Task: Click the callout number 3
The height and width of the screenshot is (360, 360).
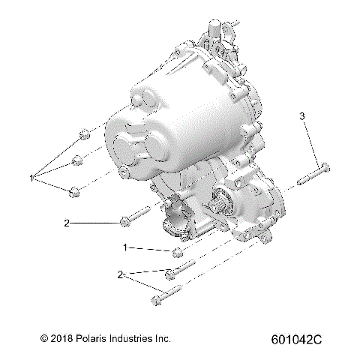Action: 303,116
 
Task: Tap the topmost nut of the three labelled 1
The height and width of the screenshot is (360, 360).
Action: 84,136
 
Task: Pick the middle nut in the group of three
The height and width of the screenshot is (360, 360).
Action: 77,159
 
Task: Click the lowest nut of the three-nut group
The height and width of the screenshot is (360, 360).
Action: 73,193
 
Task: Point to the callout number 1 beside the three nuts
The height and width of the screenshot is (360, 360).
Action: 31,178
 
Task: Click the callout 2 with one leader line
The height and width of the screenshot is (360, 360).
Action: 67,223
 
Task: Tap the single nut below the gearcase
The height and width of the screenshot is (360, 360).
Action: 178,251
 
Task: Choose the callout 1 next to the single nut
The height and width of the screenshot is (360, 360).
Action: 126,246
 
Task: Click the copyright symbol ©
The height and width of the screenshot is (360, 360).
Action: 44,339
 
